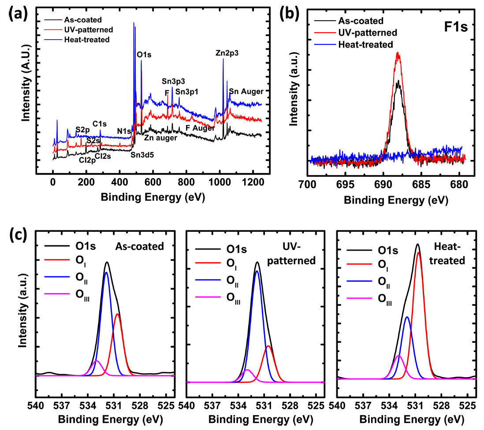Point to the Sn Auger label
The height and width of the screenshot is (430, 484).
pos(246,92)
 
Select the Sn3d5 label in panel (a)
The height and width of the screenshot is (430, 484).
pos(142,154)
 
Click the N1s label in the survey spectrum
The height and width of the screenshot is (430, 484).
pos(124,131)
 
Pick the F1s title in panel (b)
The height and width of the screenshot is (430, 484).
pos(455,25)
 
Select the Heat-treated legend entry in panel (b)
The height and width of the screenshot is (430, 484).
pos(365,44)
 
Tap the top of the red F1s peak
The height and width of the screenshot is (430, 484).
pos(398,53)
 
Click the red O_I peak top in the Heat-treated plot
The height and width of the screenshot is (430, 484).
pos(418,252)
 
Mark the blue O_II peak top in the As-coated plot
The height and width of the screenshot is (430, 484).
pos(106,272)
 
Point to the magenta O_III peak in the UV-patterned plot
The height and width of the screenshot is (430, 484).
pos(247,370)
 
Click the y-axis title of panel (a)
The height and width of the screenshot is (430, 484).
pos(27,93)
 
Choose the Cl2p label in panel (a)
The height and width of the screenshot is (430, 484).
pos(87,160)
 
